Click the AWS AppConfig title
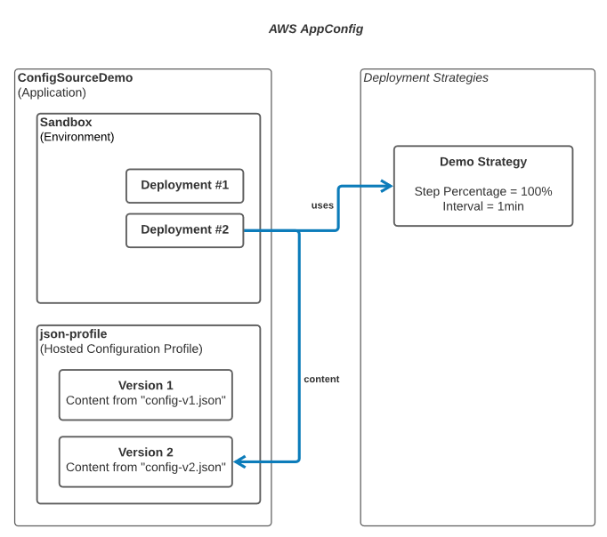[315, 28]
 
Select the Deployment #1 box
[184, 186]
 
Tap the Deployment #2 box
[184, 229]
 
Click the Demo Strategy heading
[482, 162]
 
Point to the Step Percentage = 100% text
[482, 191]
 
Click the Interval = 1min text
[482, 206]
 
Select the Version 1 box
[145, 394]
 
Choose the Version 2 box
[145, 461]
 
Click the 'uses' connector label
[322, 205]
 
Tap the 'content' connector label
[321, 379]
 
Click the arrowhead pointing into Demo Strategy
[387, 186]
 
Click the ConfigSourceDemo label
[75, 77]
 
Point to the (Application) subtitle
[52, 92]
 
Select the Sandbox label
[66, 122]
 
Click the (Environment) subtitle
[77, 137]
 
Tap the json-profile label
[73, 333]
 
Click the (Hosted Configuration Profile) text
[121, 349]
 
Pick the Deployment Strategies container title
[425, 77]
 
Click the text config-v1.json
[185, 401]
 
